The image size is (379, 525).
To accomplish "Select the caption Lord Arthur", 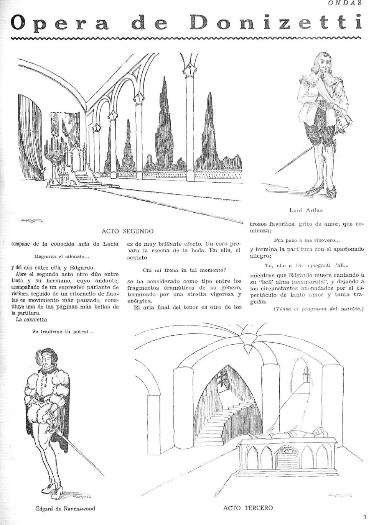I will [306, 210].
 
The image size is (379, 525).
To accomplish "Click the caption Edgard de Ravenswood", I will [65, 509].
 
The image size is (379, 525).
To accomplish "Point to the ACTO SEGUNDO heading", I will [127, 231].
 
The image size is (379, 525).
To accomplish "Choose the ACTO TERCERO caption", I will [248, 508].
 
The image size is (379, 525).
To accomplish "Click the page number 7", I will [365, 517].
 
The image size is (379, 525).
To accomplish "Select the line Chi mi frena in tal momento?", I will [184, 270].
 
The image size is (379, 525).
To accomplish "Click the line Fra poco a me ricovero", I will [306, 240].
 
